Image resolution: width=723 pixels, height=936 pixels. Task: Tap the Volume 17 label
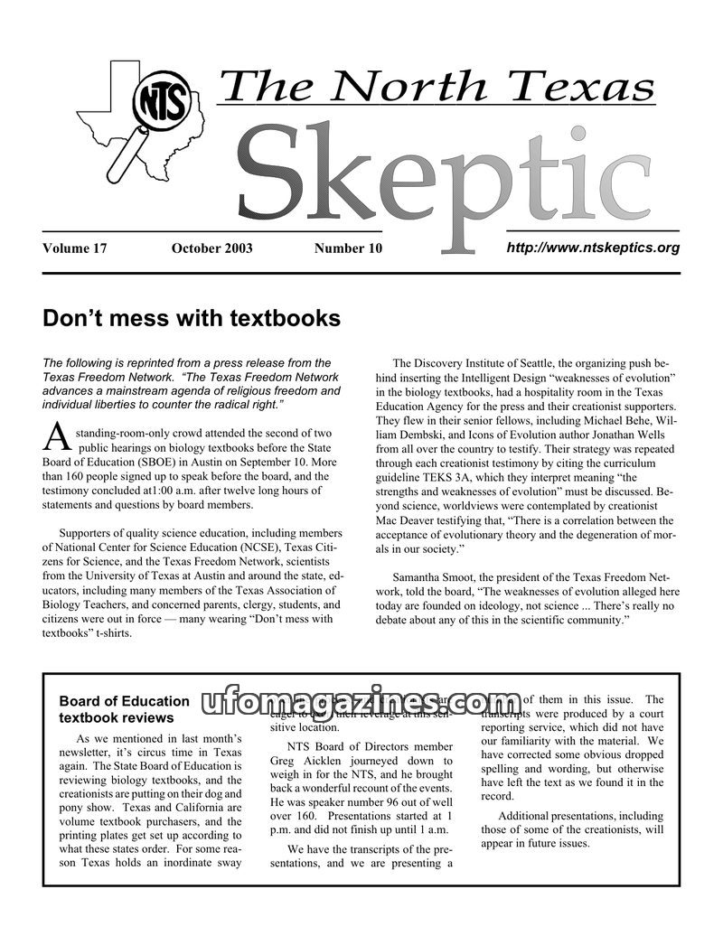click(x=75, y=248)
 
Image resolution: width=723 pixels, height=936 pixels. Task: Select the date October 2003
click(x=211, y=248)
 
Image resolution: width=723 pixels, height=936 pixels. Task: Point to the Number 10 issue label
click(x=348, y=248)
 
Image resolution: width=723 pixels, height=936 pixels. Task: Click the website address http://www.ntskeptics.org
click(x=593, y=247)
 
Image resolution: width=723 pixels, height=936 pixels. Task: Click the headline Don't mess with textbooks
click(x=192, y=319)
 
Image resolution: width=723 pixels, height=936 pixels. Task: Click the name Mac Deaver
click(x=407, y=520)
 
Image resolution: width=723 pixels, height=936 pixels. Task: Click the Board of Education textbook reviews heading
click(x=124, y=709)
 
